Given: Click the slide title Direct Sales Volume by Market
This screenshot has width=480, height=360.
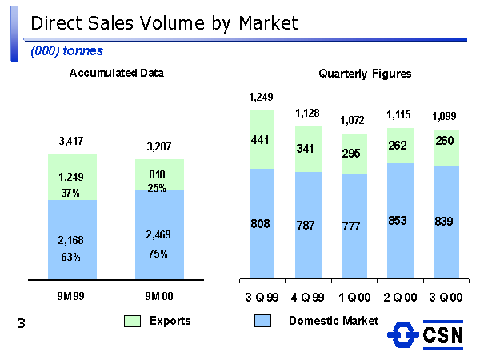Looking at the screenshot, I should tap(164, 23).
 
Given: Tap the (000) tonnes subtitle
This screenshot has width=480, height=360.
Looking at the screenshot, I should tap(67, 50).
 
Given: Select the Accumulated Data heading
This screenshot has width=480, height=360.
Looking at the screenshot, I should tap(117, 73).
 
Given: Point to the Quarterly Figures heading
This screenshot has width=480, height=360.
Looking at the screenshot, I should tap(365, 74).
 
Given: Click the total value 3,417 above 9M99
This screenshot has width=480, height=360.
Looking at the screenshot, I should tap(73, 142).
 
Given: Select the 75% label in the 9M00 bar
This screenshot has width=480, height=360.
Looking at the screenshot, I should tap(158, 254).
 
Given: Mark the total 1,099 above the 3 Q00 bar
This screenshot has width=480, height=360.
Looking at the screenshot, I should tap(445, 117).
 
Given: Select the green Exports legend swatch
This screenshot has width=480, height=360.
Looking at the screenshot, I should tap(133, 322).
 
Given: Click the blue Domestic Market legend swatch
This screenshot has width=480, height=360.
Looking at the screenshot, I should tap(263, 322).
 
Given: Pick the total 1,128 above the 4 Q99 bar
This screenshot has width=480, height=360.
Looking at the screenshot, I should tap(308, 114).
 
